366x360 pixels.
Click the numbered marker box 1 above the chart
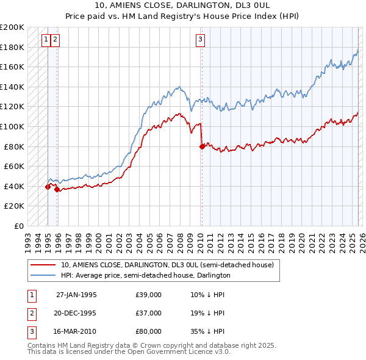click(x=46, y=40)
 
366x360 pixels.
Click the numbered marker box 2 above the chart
click(x=55, y=40)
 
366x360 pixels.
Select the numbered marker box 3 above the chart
click(x=200, y=40)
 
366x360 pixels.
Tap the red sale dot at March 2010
click(x=201, y=146)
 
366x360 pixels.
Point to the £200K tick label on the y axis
click(x=12, y=27)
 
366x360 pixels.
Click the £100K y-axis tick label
click(x=12, y=127)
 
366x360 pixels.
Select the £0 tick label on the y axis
click(x=19, y=226)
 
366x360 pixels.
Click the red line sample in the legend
click(x=43, y=265)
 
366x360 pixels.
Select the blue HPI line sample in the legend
click(x=43, y=275)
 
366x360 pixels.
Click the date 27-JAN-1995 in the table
click(x=76, y=294)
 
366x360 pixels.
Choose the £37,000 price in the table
click(x=148, y=313)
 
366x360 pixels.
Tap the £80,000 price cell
click(x=148, y=332)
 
